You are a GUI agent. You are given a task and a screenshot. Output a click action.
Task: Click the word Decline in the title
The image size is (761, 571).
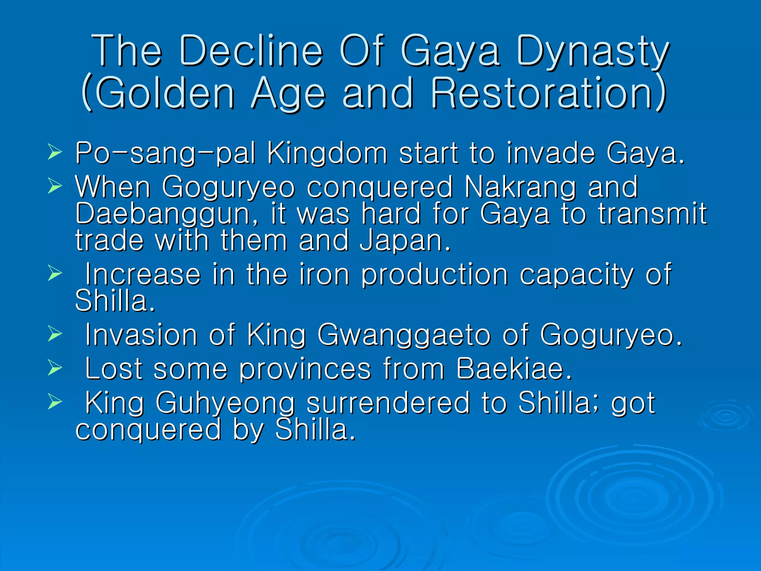[x=251, y=51]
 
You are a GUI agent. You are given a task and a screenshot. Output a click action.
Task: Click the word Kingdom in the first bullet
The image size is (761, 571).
[x=327, y=153]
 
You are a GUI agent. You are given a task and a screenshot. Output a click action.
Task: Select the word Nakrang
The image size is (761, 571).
[x=520, y=187]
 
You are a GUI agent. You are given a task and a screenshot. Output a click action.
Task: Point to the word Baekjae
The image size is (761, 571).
[x=514, y=369]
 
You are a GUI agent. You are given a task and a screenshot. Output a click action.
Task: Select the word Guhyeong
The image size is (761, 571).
[x=225, y=403]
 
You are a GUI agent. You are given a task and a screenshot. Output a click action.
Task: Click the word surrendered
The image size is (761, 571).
[x=388, y=403]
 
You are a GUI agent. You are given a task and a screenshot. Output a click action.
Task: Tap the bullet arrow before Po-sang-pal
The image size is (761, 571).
[x=55, y=152]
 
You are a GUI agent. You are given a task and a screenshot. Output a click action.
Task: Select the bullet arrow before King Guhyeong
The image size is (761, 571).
[x=55, y=402]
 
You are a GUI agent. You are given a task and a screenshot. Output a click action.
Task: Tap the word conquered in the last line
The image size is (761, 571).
[x=148, y=430]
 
